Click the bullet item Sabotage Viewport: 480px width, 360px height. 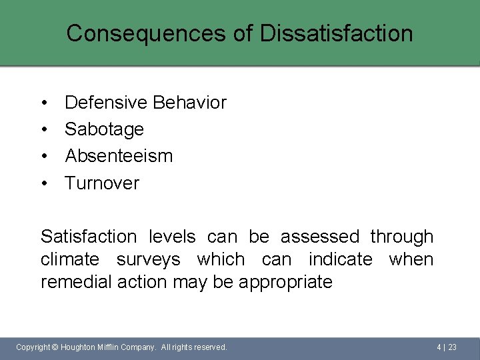[x=104, y=129]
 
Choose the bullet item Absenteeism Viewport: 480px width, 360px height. [x=119, y=156]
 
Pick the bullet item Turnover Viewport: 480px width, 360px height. [x=102, y=183]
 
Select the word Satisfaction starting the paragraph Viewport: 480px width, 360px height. [x=88, y=237]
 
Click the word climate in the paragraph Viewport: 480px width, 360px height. [x=70, y=259]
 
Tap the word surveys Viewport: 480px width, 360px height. [x=148, y=260]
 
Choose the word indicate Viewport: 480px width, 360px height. [x=340, y=259]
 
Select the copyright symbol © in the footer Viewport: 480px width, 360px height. [x=55, y=347]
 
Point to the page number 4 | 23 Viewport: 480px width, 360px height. [x=447, y=347]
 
